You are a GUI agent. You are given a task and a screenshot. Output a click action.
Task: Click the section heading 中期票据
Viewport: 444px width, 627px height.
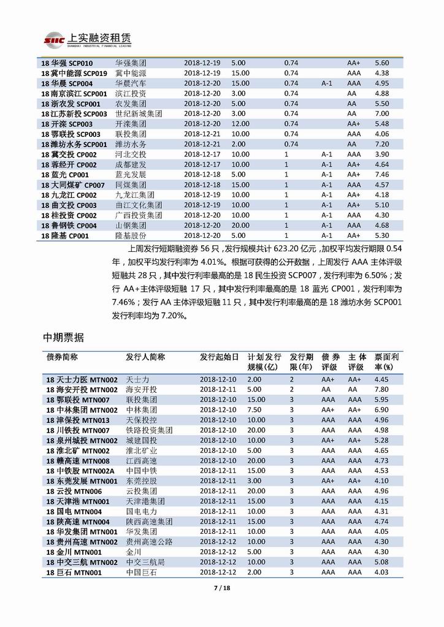click(x=64, y=338)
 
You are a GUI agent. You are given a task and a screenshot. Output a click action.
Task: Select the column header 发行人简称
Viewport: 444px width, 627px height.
click(x=145, y=357)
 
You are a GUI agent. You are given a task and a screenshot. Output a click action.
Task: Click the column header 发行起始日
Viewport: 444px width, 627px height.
click(x=219, y=357)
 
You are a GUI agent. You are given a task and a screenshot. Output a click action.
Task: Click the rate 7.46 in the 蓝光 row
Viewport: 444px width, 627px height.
click(x=381, y=175)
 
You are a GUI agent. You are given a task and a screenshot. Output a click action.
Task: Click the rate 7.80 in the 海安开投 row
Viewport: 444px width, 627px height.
click(x=381, y=389)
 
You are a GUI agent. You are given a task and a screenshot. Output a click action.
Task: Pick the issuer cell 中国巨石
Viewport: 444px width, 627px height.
click(x=141, y=572)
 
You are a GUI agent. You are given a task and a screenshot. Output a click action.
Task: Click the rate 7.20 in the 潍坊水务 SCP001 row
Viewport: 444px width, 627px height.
click(x=381, y=144)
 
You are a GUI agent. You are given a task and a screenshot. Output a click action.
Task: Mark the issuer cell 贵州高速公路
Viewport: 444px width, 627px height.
click(x=149, y=541)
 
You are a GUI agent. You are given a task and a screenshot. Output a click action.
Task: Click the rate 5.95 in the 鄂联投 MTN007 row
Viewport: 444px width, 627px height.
click(x=381, y=400)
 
